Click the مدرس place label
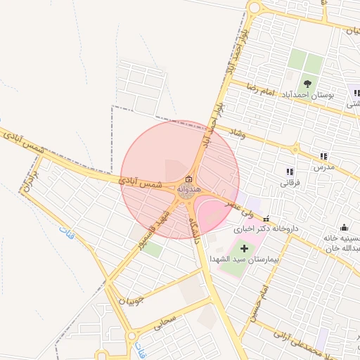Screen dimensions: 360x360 (322, 167)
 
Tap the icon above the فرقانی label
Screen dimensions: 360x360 (290, 172)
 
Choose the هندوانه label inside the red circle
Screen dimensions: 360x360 (190, 190)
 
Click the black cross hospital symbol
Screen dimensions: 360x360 (245, 248)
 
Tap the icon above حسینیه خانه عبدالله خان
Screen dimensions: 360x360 (344, 227)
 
